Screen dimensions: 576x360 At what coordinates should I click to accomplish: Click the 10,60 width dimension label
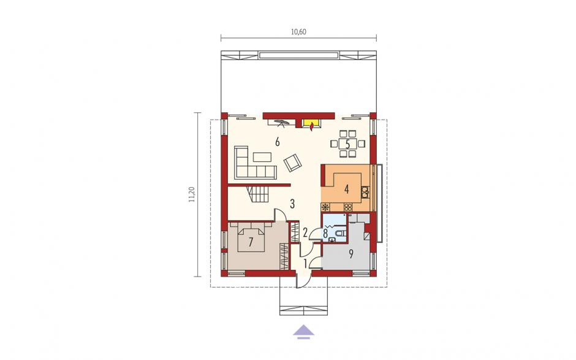pos(298,32)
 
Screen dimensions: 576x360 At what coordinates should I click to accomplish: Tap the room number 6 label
pos(278,142)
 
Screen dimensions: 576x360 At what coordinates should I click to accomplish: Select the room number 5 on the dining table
pos(347,144)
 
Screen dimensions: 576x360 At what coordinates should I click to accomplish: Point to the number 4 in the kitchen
pos(346,189)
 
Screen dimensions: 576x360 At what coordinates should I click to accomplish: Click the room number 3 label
pos(292,204)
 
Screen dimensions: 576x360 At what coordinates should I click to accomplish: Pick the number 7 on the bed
pos(251,242)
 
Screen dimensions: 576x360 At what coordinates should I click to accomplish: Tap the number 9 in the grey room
pos(351,254)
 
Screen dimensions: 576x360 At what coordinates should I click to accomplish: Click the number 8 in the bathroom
pos(325,233)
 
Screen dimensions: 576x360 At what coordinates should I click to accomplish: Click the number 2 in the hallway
pos(305,232)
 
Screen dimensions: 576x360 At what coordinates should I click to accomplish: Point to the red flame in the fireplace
pos(311,127)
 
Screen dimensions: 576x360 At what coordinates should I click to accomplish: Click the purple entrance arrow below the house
pos(304,331)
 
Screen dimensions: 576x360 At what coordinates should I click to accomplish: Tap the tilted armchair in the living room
pos(293,162)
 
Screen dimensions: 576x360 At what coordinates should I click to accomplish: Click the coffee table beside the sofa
pos(262,158)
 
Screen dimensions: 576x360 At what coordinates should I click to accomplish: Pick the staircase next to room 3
pos(259,194)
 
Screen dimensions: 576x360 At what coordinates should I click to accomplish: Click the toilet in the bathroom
pos(341,233)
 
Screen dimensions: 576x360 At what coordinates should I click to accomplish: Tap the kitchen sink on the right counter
pos(365,191)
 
